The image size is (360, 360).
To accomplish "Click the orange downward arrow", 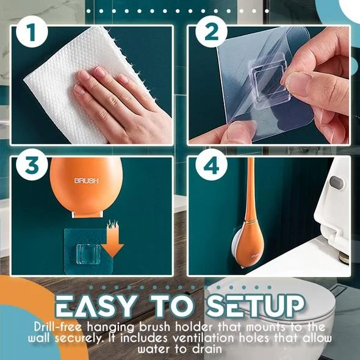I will (x=113, y=242).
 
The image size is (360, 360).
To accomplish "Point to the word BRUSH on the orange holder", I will (x=86, y=181).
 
